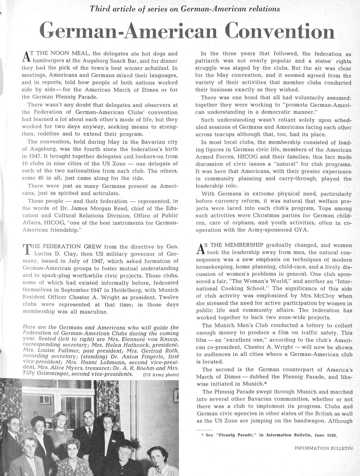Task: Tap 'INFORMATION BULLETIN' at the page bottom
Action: pos(324,448)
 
